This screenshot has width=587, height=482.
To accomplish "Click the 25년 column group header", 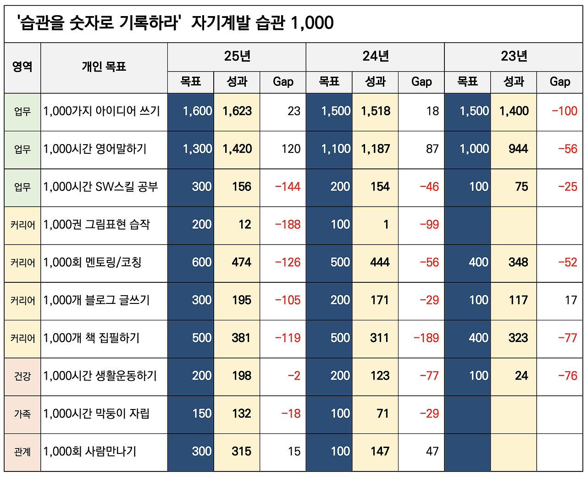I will [x=237, y=56].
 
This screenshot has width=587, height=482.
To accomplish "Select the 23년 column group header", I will [x=514, y=56].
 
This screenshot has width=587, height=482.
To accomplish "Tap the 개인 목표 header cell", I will [x=104, y=67].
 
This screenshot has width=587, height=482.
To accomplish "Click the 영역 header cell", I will [x=22, y=67].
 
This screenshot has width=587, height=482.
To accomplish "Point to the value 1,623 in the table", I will [x=237, y=111].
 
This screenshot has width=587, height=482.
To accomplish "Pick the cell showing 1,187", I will [x=375, y=149].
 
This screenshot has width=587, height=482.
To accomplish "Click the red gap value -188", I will [x=288, y=224].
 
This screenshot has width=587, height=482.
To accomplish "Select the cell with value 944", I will [x=518, y=149].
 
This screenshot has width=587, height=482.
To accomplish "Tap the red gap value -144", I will [x=288, y=187].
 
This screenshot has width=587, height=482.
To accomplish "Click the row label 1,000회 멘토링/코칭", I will [x=92, y=263].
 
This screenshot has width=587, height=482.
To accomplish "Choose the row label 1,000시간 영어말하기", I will [x=95, y=149].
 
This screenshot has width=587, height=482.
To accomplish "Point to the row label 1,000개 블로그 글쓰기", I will [x=96, y=300].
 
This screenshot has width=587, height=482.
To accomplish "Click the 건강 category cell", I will [x=22, y=376].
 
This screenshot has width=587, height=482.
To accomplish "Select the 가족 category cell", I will [x=22, y=414].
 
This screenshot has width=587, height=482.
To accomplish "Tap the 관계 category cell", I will [x=22, y=452].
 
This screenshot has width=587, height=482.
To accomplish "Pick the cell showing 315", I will [x=241, y=452].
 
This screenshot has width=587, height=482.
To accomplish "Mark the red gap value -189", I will [x=426, y=338].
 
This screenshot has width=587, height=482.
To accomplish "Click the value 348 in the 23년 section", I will [x=518, y=263].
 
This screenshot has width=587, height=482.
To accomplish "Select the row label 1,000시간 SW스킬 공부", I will [x=100, y=187].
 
